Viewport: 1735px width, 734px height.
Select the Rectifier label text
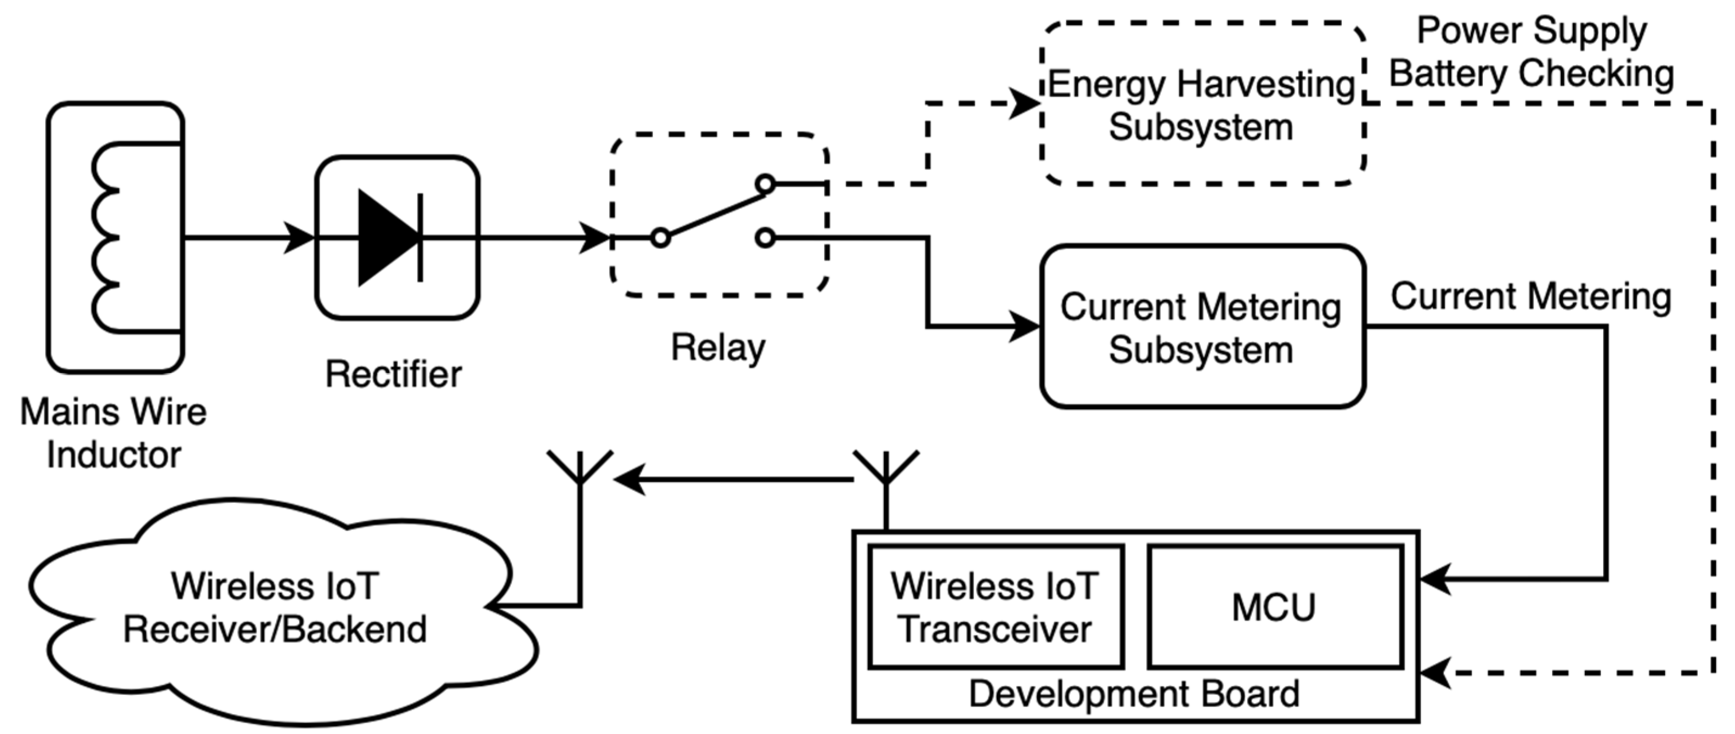393,374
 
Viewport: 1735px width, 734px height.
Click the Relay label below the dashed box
718,348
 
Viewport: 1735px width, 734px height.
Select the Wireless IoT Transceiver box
995,607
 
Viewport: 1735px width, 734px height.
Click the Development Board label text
1134,694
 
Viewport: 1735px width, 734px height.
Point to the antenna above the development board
886,471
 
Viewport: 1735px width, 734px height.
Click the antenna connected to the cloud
580,471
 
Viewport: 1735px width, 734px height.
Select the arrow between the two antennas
734,480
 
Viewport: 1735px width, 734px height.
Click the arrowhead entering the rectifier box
300,238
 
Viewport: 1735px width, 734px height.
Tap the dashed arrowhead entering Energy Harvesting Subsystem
1026,104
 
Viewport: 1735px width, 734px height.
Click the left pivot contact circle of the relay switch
661,238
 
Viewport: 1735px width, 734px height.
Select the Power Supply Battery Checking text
1532,53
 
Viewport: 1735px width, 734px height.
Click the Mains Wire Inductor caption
113,433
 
